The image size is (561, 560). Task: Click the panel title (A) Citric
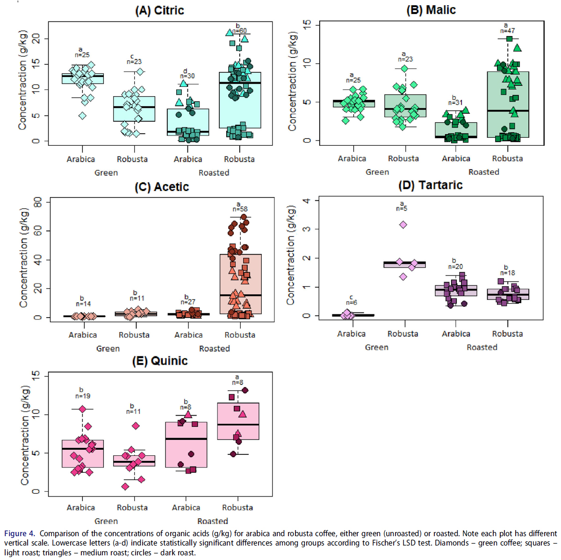tap(159, 11)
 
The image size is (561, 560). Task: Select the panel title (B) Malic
tap(431, 10)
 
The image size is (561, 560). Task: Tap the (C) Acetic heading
tap(162, 187)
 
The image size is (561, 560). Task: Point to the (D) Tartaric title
tap(430, 185)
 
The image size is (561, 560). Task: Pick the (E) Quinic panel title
tap(159, 361)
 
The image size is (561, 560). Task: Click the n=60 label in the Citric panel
tap(239, 31)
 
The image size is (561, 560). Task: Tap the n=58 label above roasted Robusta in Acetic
tap(240, 209)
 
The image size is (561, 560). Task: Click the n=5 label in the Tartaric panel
tap(402, 208)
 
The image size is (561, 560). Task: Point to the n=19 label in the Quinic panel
tap(83, 396)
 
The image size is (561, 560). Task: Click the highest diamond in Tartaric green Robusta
tap(403, 225)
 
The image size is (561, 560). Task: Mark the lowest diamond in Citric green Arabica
tap(82, 116)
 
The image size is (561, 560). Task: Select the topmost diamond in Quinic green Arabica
tap(82, 409)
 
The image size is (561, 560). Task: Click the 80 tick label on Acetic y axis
tap(38, 202)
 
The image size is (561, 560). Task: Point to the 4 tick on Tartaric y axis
tap(306, 201)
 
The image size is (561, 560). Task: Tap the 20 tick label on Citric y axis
tap(36, 39)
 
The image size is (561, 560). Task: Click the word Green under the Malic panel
tap(377, 172)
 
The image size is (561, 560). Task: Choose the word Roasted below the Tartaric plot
tap(482, 347)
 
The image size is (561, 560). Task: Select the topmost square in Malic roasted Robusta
tap(510, 39)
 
